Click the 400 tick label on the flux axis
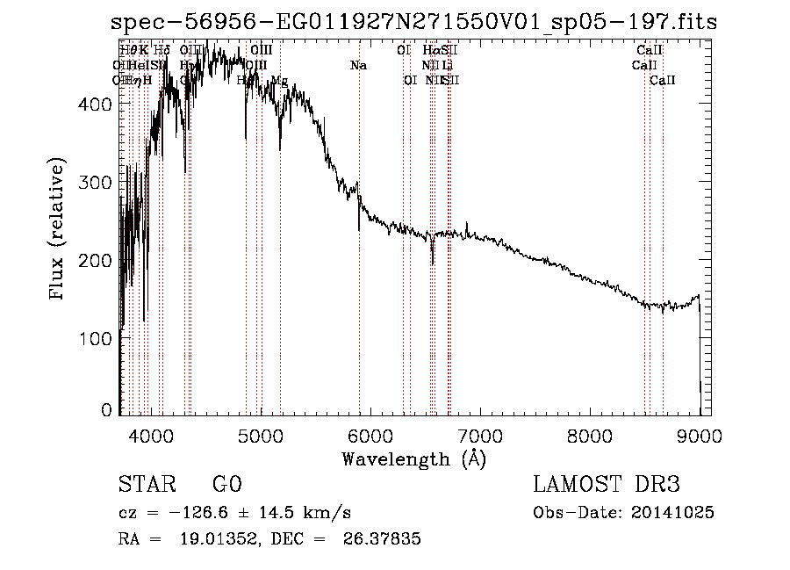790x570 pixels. pos(95,104)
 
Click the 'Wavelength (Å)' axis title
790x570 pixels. pos(413,458)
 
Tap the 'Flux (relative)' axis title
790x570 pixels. pos(59,231)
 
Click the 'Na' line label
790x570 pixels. pos(358,66)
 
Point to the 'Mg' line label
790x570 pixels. pos(279,81)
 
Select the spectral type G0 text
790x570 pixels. pos(226,486)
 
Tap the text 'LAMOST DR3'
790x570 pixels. pos(606,486)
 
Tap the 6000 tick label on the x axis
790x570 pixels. pos(370,435)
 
